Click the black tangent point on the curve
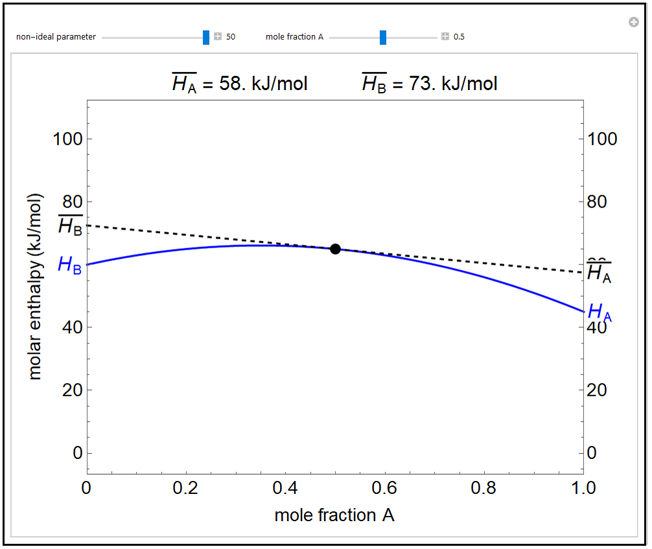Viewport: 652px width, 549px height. [335, 249]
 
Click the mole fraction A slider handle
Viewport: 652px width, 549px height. [383, 37]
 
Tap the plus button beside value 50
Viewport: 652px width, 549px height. [218, 37]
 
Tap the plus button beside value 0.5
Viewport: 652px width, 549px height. [445, 37]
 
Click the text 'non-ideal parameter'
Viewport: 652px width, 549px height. [56, 37]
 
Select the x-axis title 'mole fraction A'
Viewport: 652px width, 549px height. [334, 515]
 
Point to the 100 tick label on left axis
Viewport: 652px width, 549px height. [68, 139]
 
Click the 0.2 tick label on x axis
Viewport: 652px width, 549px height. [186, 487]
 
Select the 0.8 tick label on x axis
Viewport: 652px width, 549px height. [484, 487]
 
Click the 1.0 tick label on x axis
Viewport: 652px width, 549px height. [584, 487]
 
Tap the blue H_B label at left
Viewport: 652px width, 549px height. [69, 264]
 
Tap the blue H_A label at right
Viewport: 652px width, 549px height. [600, 312]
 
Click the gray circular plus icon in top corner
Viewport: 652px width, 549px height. [634, 23]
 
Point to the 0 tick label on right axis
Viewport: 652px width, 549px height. [592, 453]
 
